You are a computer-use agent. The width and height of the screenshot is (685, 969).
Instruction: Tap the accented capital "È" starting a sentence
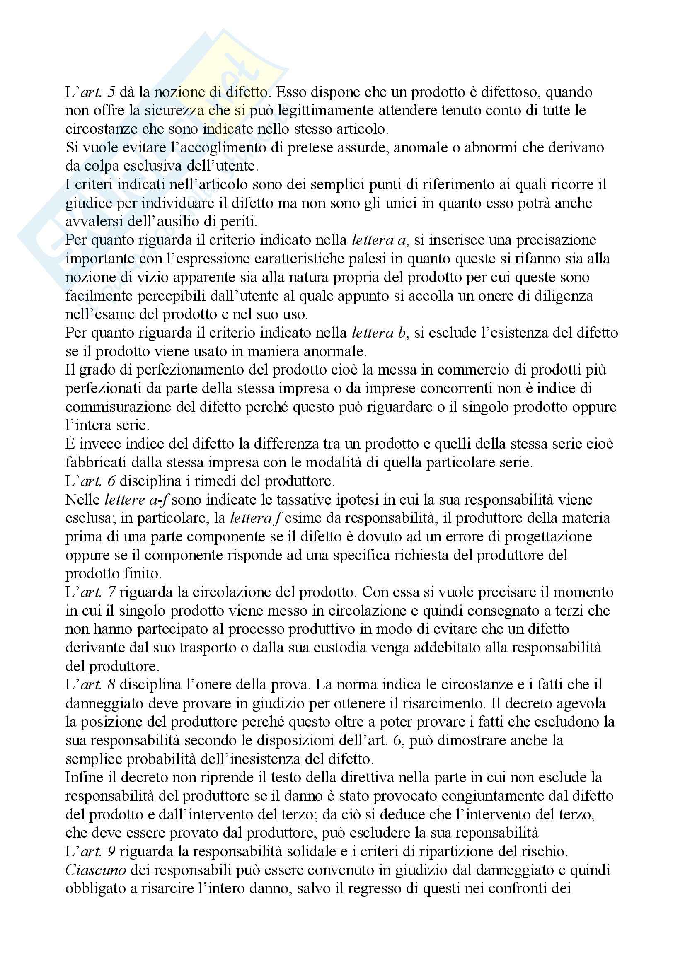pos(70,444)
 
